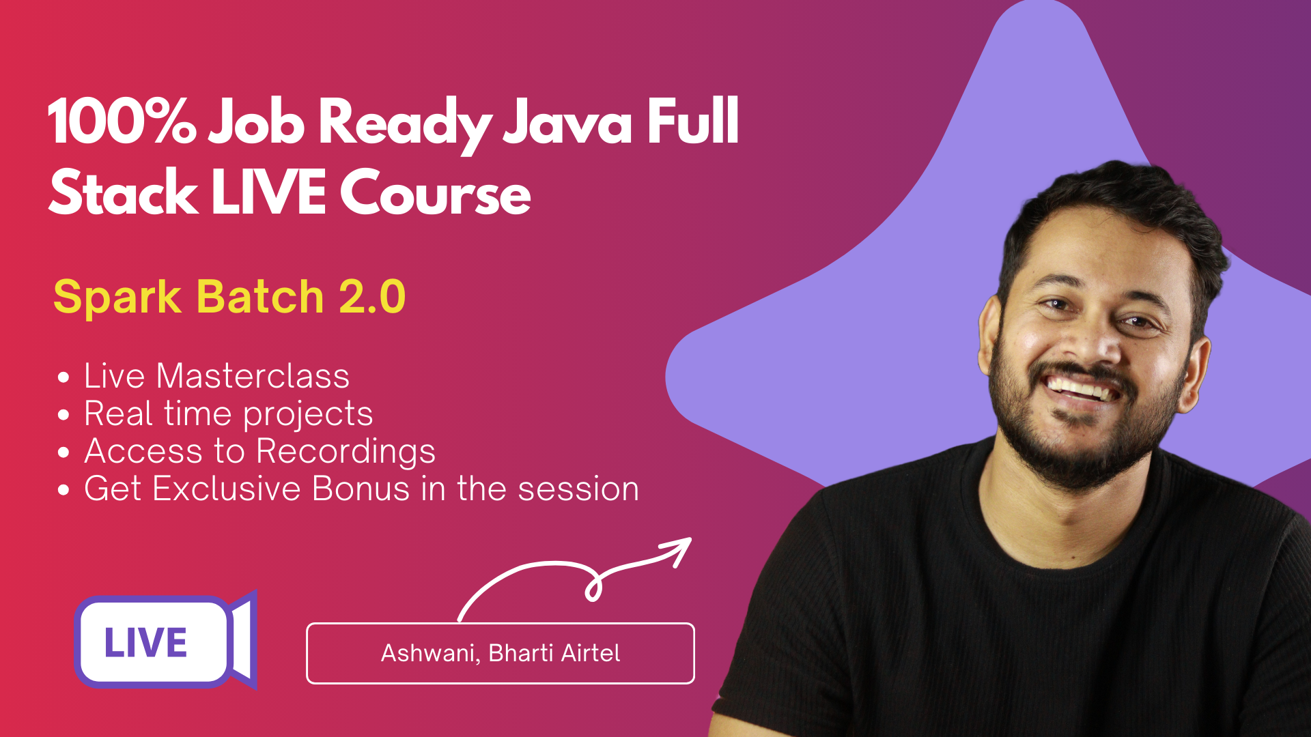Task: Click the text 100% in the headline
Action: [122, 121]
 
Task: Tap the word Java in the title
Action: [567, 121]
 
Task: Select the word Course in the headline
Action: [436, 192]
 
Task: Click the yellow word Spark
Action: [117, 298]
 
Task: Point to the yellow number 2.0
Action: [372, 297]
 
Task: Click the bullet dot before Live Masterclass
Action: [64, 377]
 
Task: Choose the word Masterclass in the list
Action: [253, 376]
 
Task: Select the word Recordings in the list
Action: [346, 452]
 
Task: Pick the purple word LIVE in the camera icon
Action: [145, 643]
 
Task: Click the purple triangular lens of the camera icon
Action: [244, 640]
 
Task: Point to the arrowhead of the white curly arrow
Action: [679, 548]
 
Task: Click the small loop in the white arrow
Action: [593, 586]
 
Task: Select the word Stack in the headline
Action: [124, 192]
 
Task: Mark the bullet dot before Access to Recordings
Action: [64, 452]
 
